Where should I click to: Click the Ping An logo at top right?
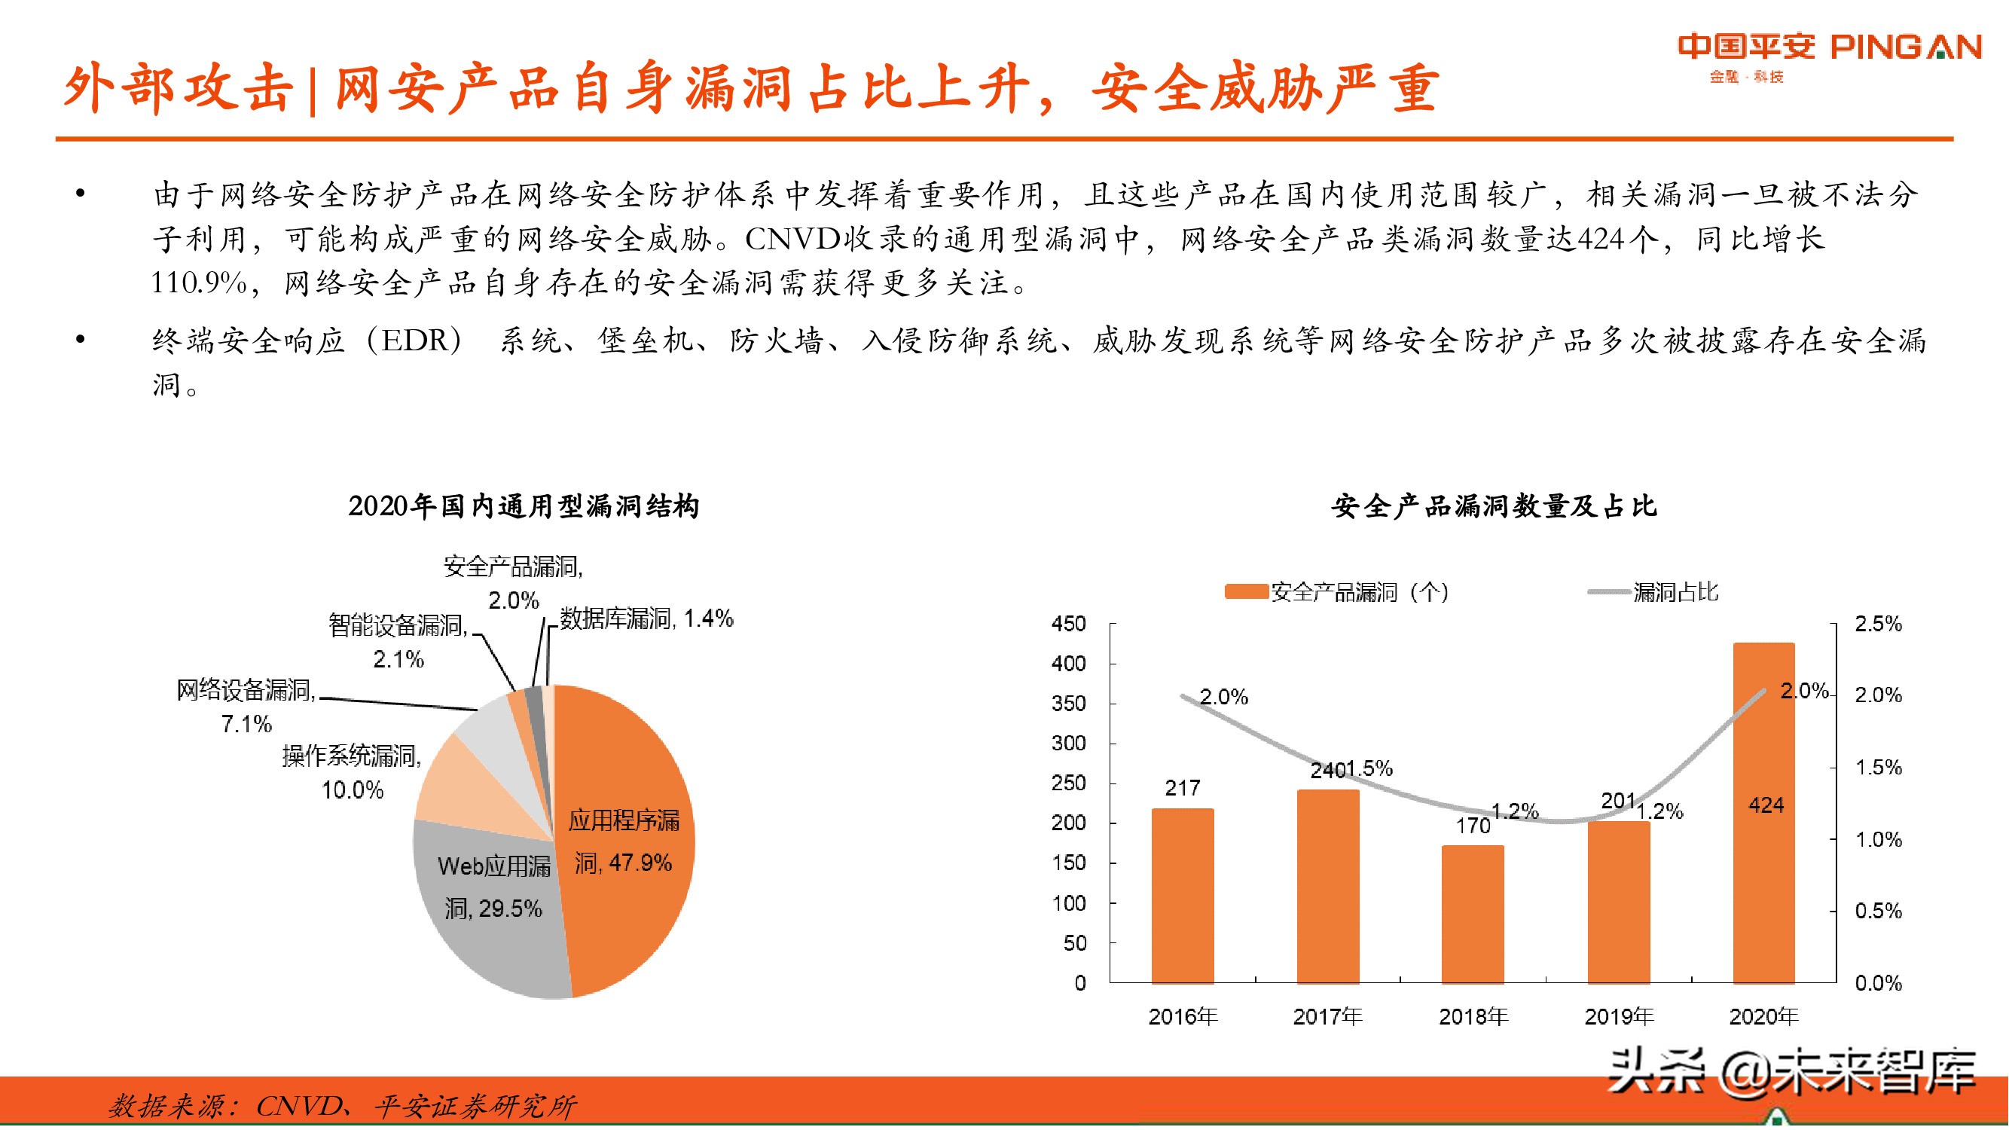1828,54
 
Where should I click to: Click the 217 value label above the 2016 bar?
1183,788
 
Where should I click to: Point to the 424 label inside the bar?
1766,805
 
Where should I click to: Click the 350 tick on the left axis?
1068,704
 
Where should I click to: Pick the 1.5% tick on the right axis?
1878,768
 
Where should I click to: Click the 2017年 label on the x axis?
1327,1016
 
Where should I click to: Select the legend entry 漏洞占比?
1675,592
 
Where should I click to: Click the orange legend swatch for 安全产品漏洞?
1245,592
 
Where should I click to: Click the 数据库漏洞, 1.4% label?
646,618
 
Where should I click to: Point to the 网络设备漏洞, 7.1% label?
246,706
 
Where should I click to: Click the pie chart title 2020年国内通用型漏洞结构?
524,506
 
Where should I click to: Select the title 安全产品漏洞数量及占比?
1494,506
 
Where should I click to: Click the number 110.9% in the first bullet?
199,282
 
